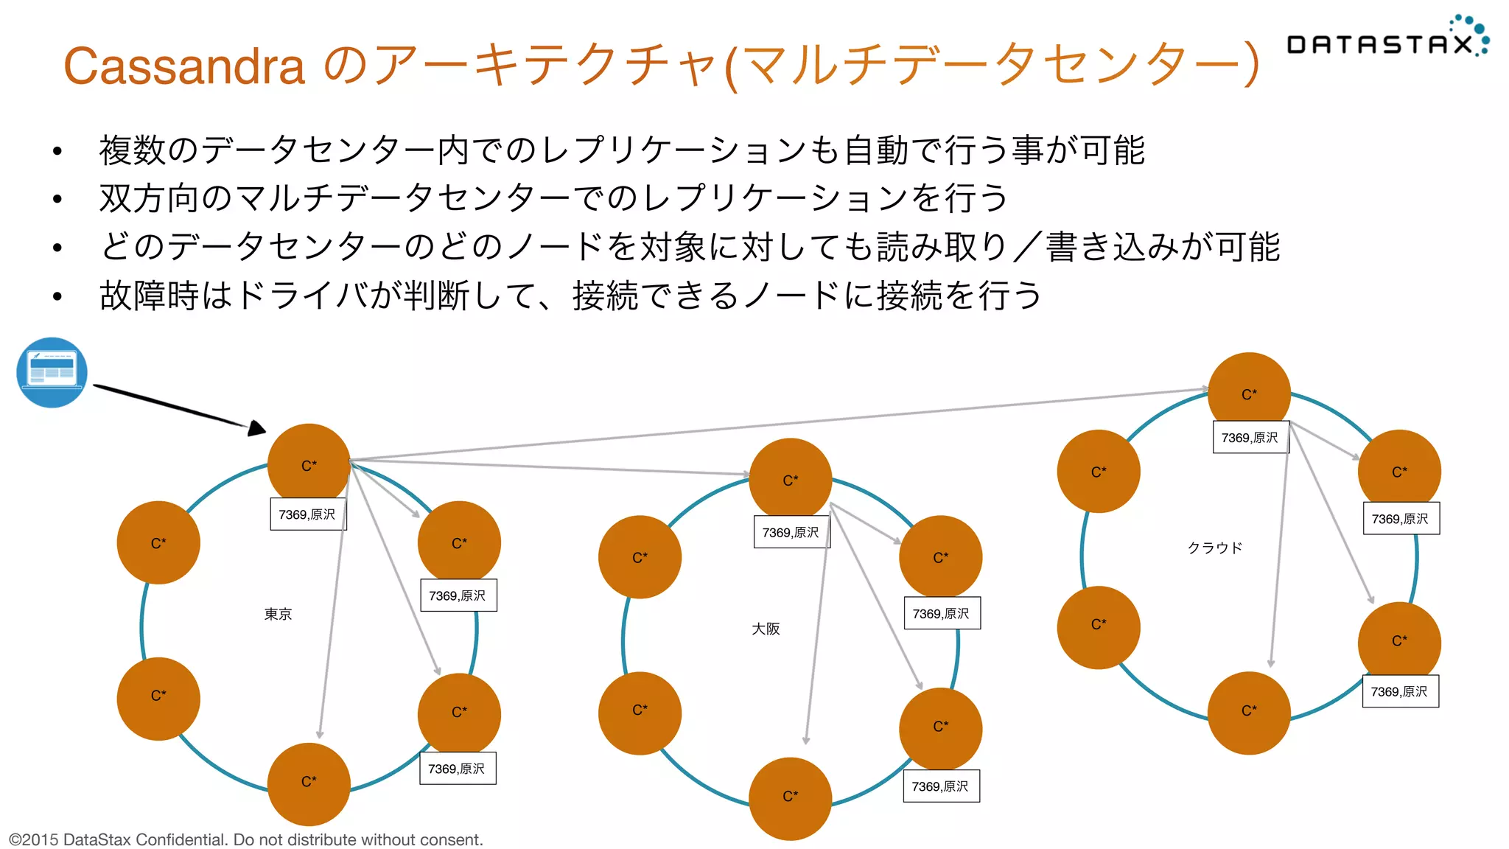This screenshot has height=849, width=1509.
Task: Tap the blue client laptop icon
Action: point(52,372)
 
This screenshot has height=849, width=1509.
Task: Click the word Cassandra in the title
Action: point(184,66)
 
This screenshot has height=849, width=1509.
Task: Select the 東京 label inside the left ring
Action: point(278,614)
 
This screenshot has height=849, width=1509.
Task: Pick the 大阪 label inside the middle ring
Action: point(766,629)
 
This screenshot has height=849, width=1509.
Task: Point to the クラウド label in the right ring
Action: point(1214,548)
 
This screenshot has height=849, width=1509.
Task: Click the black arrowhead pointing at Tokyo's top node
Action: point(256,427)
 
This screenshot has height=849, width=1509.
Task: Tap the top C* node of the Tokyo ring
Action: point(309,465)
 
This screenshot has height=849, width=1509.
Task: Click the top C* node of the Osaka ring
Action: point(790,480)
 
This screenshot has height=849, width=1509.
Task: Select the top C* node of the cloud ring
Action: point(1249,394)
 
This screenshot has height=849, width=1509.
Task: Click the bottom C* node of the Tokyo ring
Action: point(309,783)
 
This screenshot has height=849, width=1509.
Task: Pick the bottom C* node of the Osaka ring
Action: point(790,798)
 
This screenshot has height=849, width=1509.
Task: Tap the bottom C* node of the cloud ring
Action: point(1249,713)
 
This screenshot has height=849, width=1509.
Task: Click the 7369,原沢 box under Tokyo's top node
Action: point(307,514)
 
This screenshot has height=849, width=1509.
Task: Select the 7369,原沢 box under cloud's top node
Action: point(1250,437)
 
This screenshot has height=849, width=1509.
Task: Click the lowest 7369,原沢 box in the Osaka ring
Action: point(940,786)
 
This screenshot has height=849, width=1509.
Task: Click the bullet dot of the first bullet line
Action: point(57,152)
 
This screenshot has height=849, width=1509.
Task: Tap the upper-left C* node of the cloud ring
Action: point(1098,472)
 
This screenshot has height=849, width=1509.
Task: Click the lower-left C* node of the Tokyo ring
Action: point(158,698)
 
